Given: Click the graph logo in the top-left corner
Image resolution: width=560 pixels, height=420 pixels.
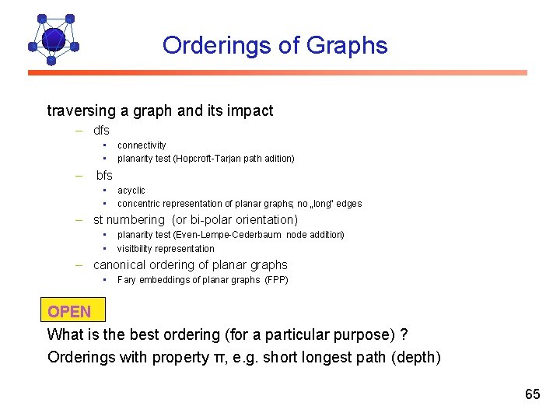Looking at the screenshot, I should pyautogui.click(x=52, y=39).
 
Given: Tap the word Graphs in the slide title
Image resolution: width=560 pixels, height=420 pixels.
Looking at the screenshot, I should pyautogui.click(x=347, y=45).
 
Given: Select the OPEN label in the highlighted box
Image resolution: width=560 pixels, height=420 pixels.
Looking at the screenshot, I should pyautogui.click(x=69, y=312).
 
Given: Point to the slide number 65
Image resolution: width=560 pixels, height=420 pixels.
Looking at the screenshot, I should pyautogui.click(x=532, y=394).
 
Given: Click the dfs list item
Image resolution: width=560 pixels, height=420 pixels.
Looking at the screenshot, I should pyautogui.click(x=101, y=131).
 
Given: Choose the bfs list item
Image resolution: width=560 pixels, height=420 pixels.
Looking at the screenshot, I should pyautogui.click(x=104, y=176).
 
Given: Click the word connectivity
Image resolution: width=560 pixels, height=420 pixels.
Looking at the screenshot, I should pyautogui.click(x=142, y=145).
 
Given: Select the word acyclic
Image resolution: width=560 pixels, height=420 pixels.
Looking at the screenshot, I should pyautogui.click(x=131, y=191).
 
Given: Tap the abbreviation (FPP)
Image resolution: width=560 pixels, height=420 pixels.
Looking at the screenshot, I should pyautogui.click(x=276, y=280).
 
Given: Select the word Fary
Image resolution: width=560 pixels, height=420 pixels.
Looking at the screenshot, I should pyautogui.click(x=126, y=280).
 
